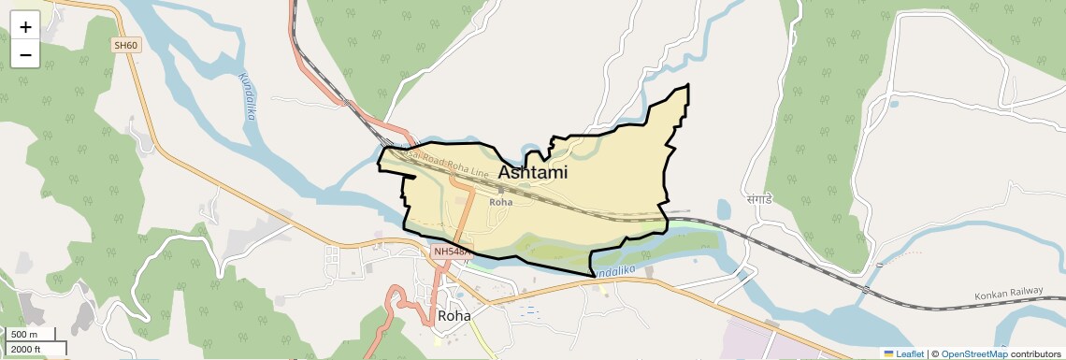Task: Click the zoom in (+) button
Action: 25,27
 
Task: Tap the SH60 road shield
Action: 125,45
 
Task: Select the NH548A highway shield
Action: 454,252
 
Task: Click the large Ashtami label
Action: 533,173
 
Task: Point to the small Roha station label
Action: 501,201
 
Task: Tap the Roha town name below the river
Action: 454,316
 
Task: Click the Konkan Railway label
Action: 1008,292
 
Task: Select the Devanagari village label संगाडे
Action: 756,199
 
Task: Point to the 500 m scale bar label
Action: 24,335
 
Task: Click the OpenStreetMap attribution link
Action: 974,353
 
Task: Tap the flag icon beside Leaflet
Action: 889,353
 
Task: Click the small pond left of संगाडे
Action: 724,208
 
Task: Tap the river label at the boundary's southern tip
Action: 615,270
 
